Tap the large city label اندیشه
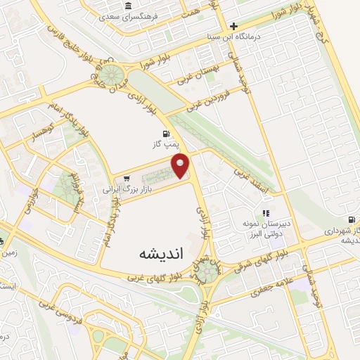pos(161,252)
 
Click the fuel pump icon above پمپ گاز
pos(166,133)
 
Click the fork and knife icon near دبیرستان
pos(266,213)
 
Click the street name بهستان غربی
pos(200,75)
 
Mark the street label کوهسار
pos(36,131)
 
